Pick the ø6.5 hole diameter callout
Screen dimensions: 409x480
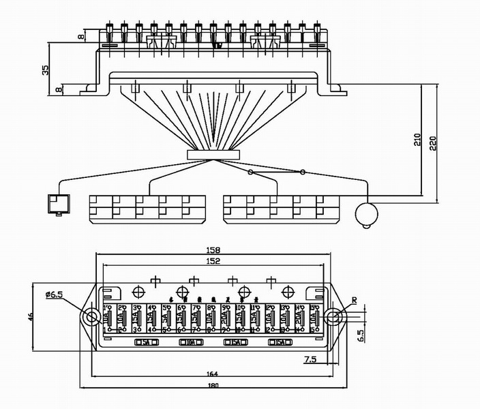click(x=54, y=294)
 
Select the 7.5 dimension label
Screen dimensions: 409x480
click(x=310, y=359)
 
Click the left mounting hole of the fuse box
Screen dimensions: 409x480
click(x=90, y=316)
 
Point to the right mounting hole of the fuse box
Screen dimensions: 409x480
click(x=333, y=316)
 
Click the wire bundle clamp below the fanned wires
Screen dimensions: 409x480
click(x=213, y=155)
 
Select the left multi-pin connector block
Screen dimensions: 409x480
click(x=147, y=209)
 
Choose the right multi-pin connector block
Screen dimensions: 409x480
click(x=282, y=209)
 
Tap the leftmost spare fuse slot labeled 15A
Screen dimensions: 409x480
click(x=146, y=342)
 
